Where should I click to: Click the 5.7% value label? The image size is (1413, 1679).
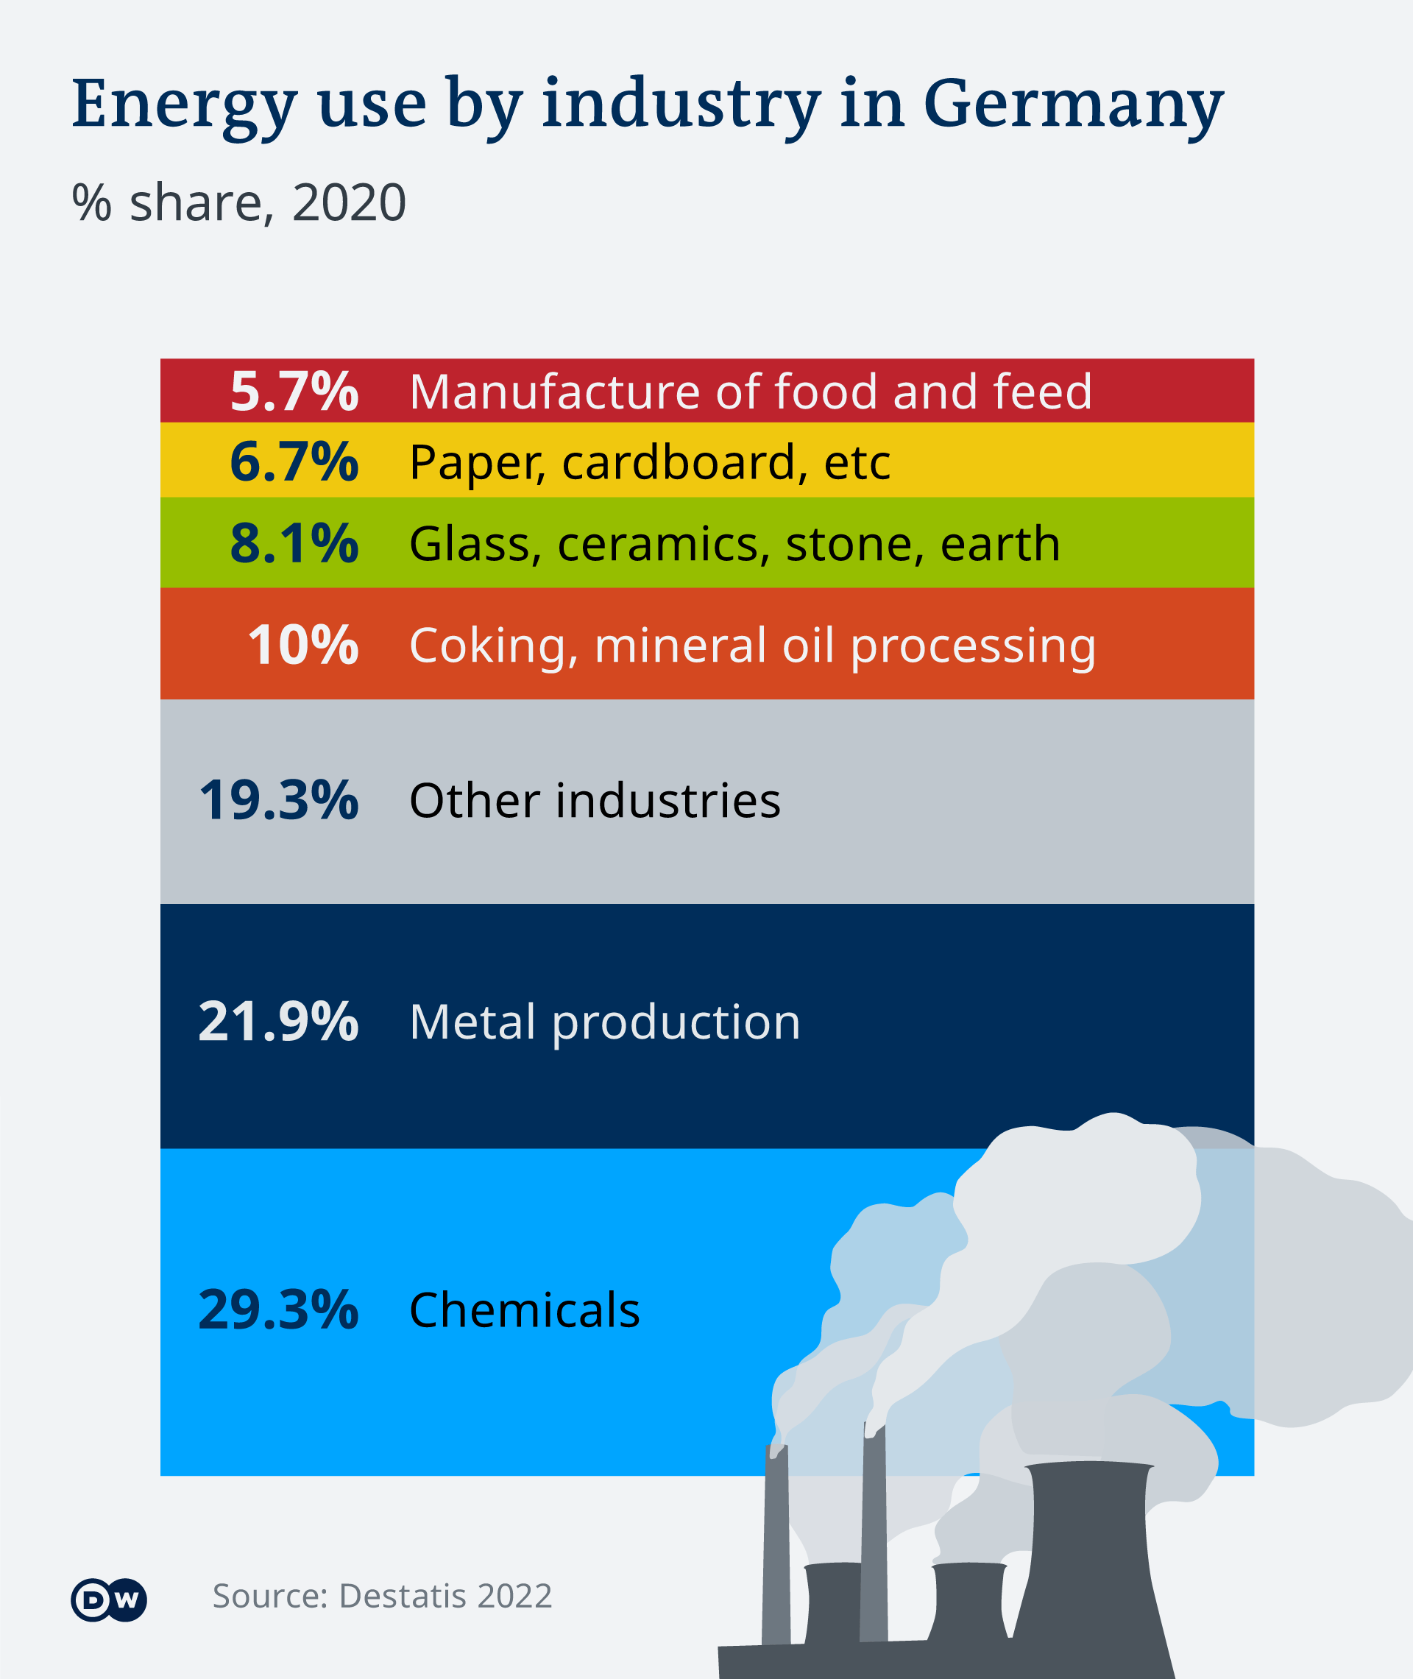[294, 392]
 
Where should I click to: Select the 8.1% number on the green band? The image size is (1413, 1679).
[294, 543]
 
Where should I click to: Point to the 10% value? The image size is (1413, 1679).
[302, 645]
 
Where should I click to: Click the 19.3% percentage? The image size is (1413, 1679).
[278, 800]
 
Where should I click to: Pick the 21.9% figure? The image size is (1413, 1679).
[278, 1022]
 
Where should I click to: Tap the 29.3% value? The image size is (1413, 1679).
[278, 1310]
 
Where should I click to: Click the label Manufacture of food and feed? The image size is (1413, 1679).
[751, 392]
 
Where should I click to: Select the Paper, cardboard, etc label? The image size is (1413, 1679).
[650, 462]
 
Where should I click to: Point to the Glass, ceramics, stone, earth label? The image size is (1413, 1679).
[734, 544]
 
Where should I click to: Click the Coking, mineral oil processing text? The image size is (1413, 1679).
[752, 646]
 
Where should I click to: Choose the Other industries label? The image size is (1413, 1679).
[595, 800]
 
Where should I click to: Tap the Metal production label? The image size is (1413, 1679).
[605, 1022]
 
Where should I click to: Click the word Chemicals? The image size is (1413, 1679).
[525, 1310]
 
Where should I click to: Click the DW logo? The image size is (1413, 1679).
[109, 1600]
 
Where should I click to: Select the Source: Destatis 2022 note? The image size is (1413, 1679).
[382, 1596]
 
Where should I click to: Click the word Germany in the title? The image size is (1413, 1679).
[1074, 106]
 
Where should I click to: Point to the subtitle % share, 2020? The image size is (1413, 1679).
[239, 202]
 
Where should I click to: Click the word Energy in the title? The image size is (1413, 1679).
[184, 106]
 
